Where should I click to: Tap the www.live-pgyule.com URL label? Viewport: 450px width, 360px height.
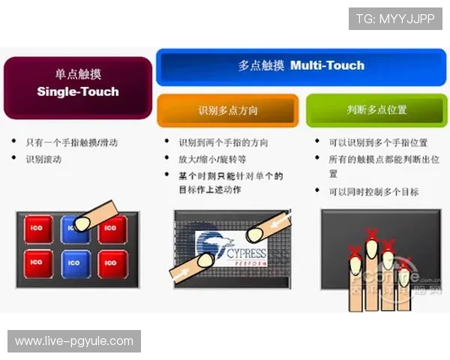pos(74,341)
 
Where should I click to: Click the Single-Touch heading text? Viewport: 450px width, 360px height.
pos(78,92)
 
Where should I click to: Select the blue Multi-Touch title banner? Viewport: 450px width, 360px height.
pos(301,65)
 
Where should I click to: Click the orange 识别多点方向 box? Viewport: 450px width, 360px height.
pos(228,110)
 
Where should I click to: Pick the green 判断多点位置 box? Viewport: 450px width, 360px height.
pos(376,109)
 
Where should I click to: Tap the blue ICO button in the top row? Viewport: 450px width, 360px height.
pos(71,227)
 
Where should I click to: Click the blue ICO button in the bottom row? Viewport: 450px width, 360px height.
pos(74,263)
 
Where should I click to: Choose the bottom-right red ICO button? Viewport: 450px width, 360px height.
pos(111,263)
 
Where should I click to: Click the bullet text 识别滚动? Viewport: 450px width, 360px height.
pos(44,159)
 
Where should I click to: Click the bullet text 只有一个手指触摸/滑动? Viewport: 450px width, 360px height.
pos(71,142)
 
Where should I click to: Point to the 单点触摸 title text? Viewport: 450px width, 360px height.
pos(78,75)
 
